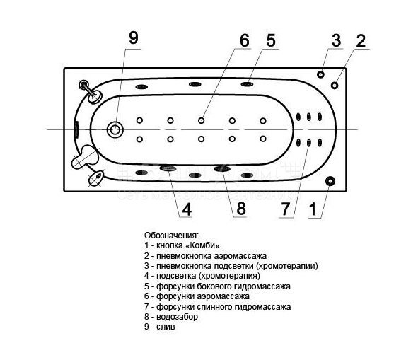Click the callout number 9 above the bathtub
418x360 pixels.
coord(134,38)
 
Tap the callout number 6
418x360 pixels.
coord(245,40)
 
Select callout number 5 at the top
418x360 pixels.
coord(271,40)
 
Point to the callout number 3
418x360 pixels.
coord(336,40)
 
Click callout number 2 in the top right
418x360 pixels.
coord(361,40)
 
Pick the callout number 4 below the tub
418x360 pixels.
coord(187,209)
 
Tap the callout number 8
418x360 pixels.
coord(241,209)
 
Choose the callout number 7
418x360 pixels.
coord(286,209)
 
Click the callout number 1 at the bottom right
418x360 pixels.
coord(313,209)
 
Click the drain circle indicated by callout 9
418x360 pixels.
coord(115,130)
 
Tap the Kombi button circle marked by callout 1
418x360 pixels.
coord(330,181)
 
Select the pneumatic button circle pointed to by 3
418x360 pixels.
coord(320,74)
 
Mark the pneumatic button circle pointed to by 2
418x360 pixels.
coord(335,86)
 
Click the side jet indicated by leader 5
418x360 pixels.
coord(247,84)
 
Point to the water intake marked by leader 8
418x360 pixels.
coord(221,168)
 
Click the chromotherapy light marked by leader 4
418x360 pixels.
coord(168,168)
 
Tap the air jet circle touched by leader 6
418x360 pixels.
coord(202,120)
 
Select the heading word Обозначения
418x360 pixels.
coord(172,236)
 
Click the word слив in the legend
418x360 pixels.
coord(166,327)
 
